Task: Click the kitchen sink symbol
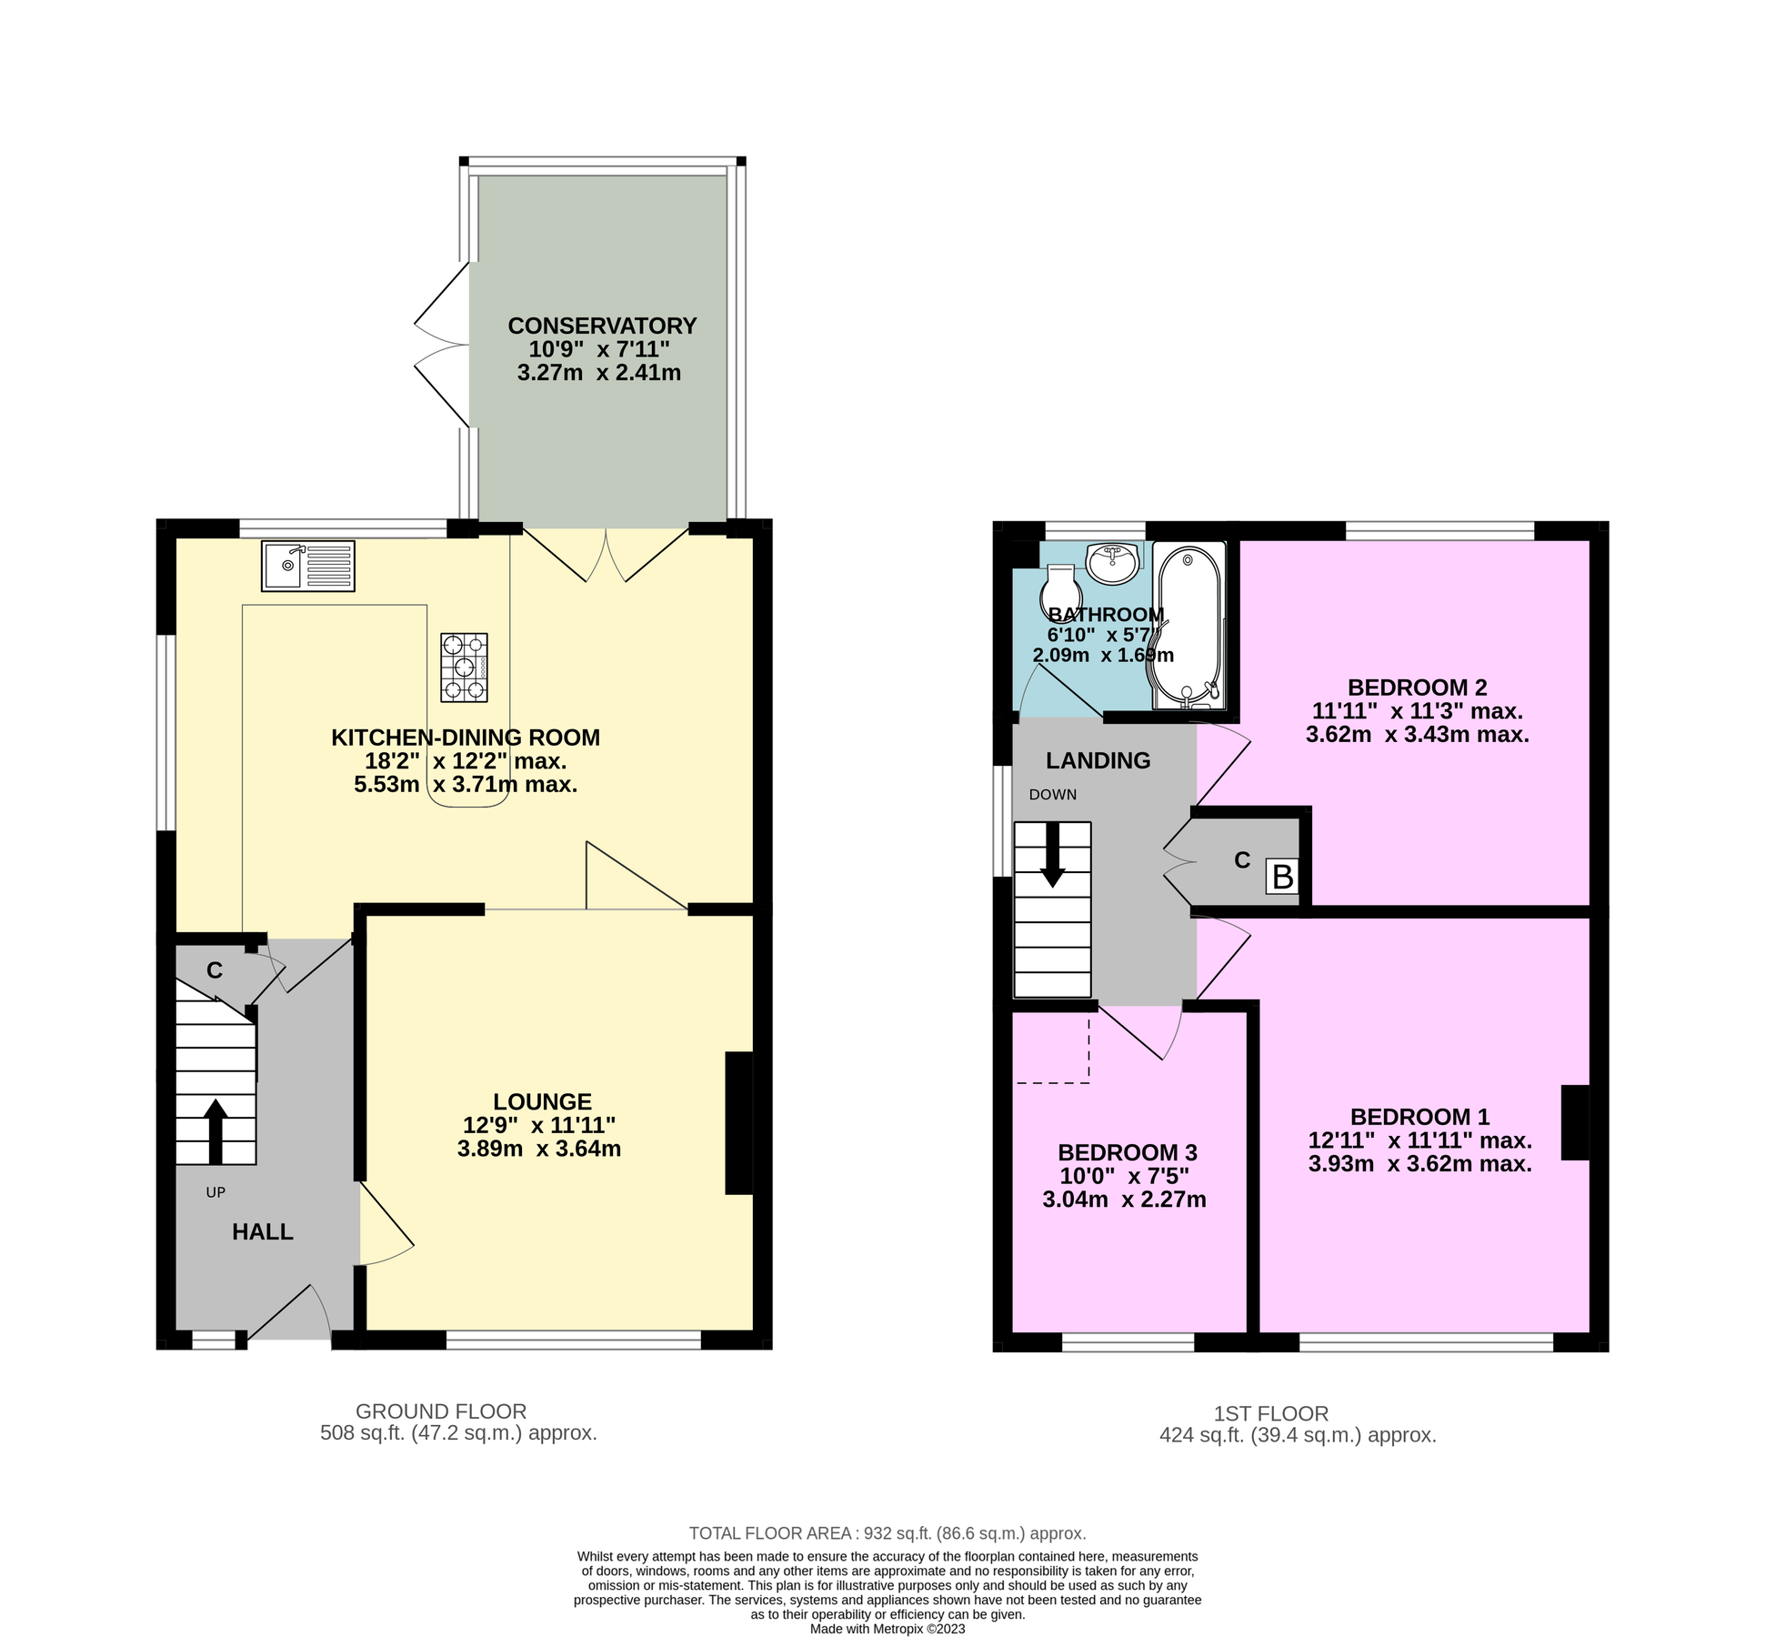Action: click(307, 566)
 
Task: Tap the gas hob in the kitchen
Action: click(464, 668)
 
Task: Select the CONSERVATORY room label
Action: click(602, 326)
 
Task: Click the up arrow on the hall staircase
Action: click(216, 1130)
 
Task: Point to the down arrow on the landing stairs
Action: click(1052, 854)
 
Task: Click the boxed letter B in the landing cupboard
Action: click(1282, 877)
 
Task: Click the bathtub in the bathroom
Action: click(1188, 626)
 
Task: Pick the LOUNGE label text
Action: click(542, 1101)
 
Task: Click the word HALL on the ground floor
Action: click(263, 1231)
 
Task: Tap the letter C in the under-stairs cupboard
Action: click(215, 970)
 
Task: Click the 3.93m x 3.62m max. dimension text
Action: click(1419, 1164)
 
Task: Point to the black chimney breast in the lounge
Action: click(738, 1122)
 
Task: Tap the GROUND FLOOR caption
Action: click(441, 1411)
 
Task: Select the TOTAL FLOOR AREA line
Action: click(887, 1533)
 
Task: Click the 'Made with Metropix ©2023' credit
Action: click(887, 1629)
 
